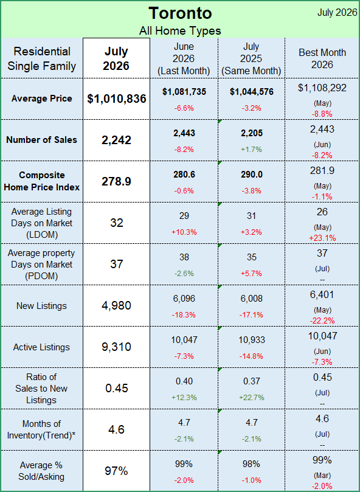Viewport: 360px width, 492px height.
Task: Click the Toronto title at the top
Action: tap(180, 13)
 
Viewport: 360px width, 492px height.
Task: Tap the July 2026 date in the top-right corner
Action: tap(337, 12)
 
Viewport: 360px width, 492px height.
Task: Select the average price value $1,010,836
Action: tap(117, 99)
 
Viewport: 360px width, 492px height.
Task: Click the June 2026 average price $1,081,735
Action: tap(184, 92)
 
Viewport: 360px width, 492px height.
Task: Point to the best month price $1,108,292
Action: tap(322, 88)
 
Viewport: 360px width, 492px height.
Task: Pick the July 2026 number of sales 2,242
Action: tap(116, 140)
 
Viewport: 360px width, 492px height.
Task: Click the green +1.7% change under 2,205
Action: tap(251, 150)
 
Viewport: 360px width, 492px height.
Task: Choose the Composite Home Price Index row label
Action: tap(42, 181)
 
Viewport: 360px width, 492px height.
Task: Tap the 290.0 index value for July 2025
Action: tap(251, 175)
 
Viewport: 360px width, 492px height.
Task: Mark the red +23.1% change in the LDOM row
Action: tap(322, 238)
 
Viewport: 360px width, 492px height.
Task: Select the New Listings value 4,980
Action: tap(116, 306)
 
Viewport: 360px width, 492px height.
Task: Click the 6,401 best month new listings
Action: tap(322, 294)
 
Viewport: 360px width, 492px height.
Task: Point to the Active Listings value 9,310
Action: tap(116, 347)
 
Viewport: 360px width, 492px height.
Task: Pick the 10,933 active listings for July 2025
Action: tap(251, 340)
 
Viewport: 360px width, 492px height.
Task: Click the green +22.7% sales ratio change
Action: tap(251, 398)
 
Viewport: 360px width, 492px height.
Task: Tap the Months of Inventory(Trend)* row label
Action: tap(42, 429)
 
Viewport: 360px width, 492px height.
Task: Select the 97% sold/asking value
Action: tap(116, 471)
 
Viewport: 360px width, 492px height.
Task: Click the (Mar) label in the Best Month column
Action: tap(322, 476)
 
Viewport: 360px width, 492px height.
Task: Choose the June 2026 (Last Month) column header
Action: tap(184, 58)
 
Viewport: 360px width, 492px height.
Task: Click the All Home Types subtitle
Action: tap(180, 31)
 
